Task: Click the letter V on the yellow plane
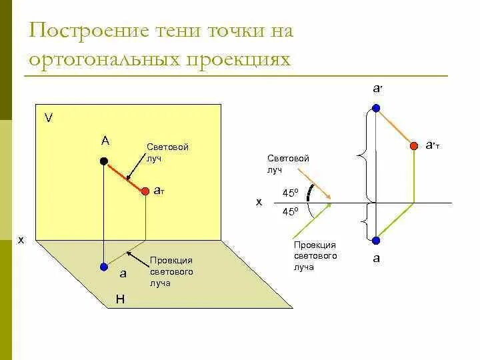pos(49,118)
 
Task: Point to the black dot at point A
pos(103,161)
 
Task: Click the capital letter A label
pos(105,141)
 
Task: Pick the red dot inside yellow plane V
pos(147,192)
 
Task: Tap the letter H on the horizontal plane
pos(120,299)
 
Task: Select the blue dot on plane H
pos(103,267)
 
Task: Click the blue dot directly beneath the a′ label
pos(377,108)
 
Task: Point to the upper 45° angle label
pos(290,193)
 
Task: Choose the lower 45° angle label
pos(290,211)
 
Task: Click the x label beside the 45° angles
pos(259,201)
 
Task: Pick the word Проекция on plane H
pos(171,261)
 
